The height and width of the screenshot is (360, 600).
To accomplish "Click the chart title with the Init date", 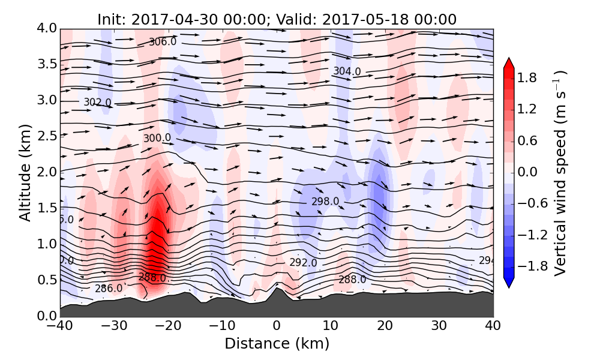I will coord(277,19).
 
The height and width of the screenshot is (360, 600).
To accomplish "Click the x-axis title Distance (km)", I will coord(277,344).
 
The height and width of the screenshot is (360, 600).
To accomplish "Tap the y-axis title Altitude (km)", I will coord(25,172).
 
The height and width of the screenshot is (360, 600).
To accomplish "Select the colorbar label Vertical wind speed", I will coord(560,173).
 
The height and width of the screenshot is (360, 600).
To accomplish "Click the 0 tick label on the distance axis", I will coord(277,326).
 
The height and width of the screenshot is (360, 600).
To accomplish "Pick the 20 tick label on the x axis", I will coord(385,326).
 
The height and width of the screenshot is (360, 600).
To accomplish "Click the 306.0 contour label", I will coord(163,41).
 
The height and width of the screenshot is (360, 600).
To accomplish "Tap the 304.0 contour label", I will coord(347,71).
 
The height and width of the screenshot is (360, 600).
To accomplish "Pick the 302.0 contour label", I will coord(97,103).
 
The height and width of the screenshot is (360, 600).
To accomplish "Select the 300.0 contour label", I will coord(157,138).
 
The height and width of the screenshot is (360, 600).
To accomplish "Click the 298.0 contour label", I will coord(325,202).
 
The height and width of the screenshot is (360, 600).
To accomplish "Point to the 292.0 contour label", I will coord(303,263).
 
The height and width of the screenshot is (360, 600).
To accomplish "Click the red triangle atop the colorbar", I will coord(508,63).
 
